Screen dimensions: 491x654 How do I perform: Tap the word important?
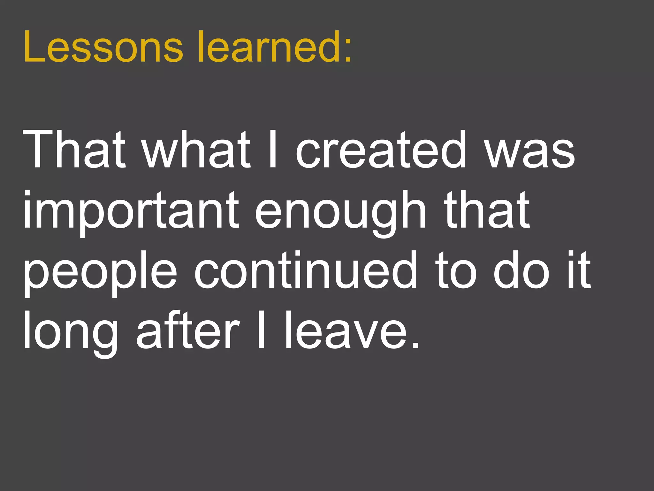pos(131,211)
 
